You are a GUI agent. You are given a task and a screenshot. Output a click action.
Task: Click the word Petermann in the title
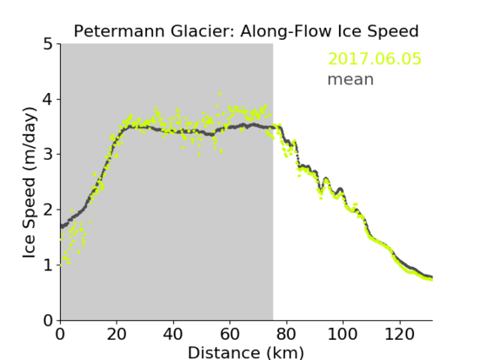tap(120, 31)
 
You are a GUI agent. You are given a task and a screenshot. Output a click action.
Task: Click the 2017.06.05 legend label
tap(374, 59)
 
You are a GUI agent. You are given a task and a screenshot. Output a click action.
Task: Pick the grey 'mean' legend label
tap(351, 79)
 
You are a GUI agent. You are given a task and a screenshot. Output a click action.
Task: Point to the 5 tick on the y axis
tap(48, 45)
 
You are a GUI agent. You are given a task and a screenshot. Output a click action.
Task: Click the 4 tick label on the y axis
tap(48, 100)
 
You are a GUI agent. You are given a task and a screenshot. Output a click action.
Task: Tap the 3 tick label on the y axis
tap(48, 155)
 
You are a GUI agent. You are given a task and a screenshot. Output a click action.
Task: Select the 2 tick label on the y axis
tap(48, 210)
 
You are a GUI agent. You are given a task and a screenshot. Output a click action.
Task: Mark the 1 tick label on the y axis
tap(48, 265)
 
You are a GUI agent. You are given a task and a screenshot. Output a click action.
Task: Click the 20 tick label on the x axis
tap(117, 334)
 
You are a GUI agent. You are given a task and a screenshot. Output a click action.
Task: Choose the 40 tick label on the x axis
tap(173, 334)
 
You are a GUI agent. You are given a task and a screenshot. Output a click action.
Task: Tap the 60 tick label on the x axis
tap(230, 334)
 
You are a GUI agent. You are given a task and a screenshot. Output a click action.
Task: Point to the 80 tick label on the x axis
tap(286, 334)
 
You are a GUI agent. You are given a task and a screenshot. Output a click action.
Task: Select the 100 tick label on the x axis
tap(342, 334)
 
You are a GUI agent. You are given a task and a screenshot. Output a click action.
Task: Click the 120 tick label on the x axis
tap(399, 334)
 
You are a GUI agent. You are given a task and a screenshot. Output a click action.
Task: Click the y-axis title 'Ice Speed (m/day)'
tap(30, 183)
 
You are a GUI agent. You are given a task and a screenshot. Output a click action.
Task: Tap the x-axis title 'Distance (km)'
tap(246, 352)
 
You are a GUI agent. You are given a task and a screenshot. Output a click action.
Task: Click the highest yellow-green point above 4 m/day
tap(220, 93)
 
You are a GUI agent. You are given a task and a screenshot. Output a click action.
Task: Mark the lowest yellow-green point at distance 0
tap(61, 265)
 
